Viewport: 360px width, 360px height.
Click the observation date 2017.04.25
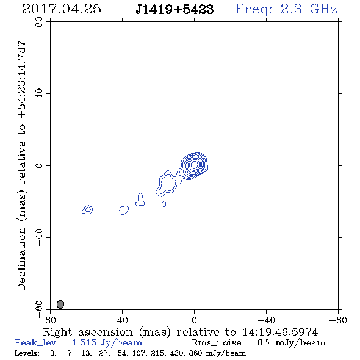[62, 9]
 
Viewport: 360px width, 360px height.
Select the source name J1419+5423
[175, 10]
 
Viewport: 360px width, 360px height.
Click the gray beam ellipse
[60, 304]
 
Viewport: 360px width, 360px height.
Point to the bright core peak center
[194, 164]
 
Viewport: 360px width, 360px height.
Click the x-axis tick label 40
[122, 320]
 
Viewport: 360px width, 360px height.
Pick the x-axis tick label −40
[266, 320]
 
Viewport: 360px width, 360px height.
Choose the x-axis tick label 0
[194, 320]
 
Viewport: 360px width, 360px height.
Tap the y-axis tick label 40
[39, 94]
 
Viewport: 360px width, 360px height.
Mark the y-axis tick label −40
[39, 237]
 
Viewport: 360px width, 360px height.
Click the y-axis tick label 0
[39, 165]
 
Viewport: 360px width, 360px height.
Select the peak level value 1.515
[84, 342]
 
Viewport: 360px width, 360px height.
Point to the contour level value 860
[196, 353]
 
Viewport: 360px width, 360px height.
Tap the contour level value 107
[139, 353]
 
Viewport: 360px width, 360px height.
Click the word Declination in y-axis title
[21, 259]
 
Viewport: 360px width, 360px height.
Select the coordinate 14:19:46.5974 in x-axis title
[280, 332]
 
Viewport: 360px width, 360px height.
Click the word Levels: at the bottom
[27, 353]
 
